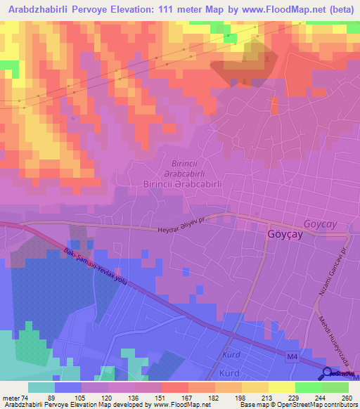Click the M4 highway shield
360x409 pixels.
pos(294,360)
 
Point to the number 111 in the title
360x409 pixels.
pos(167,11)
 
